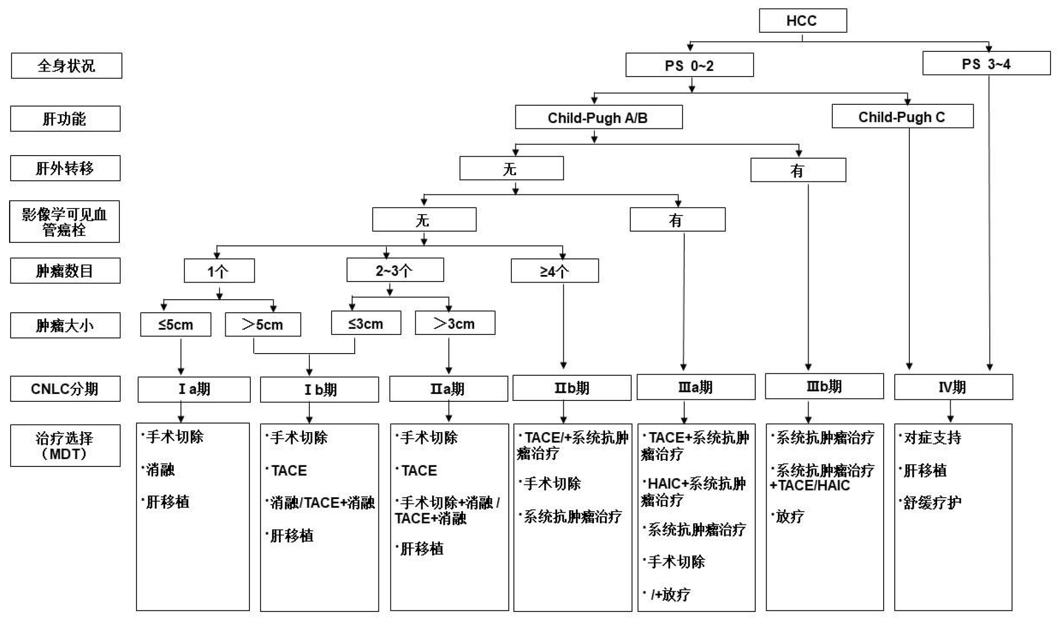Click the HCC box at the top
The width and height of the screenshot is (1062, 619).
pos(803,21)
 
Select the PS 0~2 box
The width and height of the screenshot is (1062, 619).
pos(689,65)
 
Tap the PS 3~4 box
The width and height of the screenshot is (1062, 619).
pos(986,63)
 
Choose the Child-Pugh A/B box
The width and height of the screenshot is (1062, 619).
pos(599,117)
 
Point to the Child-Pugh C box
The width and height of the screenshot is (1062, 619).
pos(902,116)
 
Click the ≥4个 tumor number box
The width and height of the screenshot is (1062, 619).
pos(555,271)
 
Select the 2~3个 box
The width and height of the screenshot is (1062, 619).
pos(395,270)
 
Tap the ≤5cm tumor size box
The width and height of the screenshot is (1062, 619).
pos(175,324)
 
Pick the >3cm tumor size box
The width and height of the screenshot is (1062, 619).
pos(455,323)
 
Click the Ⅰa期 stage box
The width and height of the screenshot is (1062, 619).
pos(194,389)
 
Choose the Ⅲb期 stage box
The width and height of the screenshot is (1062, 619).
pos(824,386)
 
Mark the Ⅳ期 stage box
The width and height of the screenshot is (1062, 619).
pos(953,387)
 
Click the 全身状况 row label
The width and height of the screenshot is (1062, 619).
pos(67,65)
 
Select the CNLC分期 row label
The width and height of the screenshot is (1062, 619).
pos(65,389)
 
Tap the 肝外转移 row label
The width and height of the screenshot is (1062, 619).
pos(65,168)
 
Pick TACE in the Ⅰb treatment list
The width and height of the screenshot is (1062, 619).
pos(288,470)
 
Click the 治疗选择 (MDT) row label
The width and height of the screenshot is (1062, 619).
pos(65,446)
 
